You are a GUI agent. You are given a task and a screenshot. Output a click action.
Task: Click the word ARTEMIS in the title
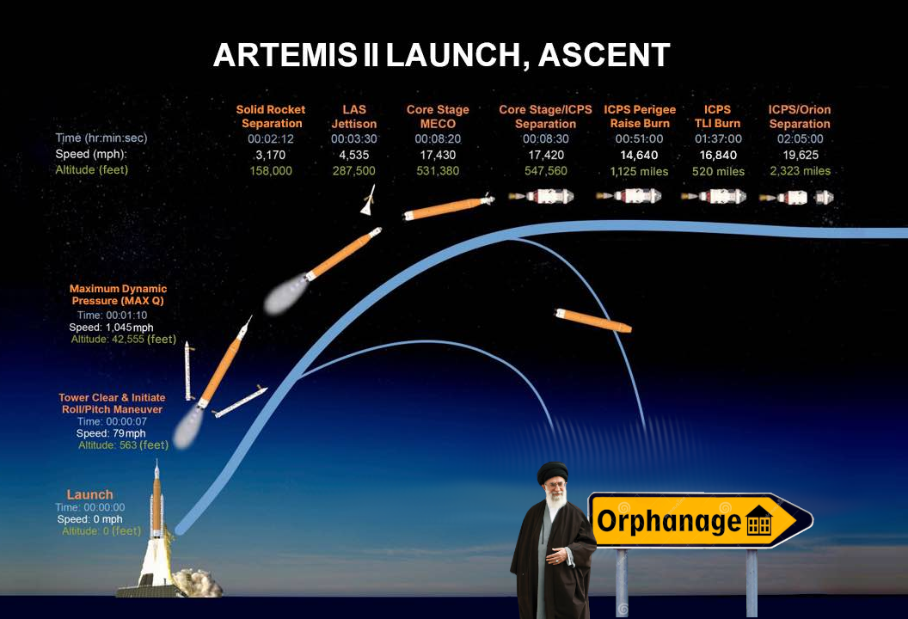285,55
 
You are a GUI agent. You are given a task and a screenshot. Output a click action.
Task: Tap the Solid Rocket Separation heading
271,116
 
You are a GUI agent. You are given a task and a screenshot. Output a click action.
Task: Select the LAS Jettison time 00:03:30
353,139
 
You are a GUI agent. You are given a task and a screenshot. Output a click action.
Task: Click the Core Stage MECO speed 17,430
438,156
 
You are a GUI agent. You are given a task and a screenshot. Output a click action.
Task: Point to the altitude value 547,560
545,171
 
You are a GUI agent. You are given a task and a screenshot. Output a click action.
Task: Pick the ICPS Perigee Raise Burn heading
640,116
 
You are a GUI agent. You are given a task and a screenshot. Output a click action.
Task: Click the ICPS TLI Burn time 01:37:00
718,139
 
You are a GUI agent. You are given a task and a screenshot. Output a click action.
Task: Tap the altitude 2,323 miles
800,171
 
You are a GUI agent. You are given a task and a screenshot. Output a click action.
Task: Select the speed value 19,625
801,156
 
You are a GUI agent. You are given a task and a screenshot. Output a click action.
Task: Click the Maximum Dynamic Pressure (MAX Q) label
118,295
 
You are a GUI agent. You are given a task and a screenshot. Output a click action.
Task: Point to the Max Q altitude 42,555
127,340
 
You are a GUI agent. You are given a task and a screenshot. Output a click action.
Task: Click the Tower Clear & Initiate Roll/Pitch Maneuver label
112,403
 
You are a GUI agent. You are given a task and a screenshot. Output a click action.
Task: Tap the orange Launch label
89,494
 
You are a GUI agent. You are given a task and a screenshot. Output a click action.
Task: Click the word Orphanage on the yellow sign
669,521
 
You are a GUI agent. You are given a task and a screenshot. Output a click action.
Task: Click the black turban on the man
552,471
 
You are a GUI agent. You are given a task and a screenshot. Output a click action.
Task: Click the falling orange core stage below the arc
593,320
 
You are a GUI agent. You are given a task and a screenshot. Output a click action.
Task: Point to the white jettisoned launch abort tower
368,200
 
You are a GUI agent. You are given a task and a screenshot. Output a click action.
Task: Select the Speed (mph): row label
91,154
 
